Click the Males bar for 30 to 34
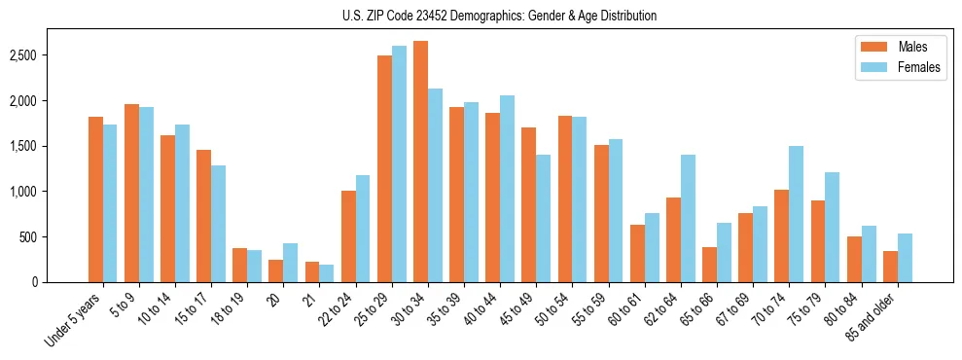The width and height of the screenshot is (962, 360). [x=420, y=162]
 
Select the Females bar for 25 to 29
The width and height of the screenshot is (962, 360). [x=399, y=163]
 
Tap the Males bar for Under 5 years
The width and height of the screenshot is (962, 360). [x=95, y=199]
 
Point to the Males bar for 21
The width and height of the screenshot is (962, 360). [x=312, y=271]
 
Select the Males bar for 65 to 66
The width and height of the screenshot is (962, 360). [x=709, y=265]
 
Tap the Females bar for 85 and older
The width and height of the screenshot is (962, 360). [x=905, y=258]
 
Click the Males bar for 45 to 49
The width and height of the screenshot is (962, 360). [x=528, y=204]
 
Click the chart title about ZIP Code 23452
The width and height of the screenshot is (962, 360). [x=499, y=16]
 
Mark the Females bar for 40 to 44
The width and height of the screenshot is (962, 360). [x=507, y=189]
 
